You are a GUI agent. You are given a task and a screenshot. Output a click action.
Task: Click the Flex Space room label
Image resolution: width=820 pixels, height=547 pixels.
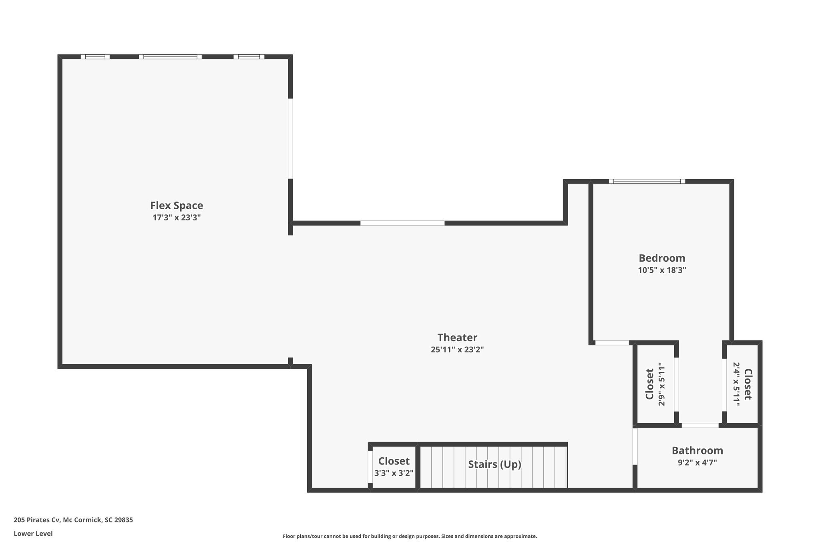coord(177,206)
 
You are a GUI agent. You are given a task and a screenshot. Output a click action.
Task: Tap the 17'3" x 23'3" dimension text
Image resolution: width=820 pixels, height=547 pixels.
coord(177,218)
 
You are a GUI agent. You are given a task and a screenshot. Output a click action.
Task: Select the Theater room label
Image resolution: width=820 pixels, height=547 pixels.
coord(457,337)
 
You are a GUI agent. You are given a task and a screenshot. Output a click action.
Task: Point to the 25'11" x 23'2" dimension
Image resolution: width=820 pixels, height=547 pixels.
coord(457,349)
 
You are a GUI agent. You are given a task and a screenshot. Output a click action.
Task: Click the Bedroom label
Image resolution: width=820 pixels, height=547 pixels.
coord(662,258)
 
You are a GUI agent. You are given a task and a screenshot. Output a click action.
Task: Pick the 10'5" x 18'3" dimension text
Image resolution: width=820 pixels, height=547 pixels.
coord(662,270)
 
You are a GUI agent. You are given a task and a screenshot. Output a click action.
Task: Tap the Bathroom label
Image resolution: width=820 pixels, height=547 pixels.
coord(697,450)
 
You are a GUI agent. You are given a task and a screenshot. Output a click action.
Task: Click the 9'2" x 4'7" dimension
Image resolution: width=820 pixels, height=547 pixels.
coord(697,462)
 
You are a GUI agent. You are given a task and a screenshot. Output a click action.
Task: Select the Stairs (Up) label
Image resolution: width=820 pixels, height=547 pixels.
coord(495,464)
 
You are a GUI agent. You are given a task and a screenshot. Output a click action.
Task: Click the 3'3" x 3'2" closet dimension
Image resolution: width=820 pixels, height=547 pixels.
coord(394,473)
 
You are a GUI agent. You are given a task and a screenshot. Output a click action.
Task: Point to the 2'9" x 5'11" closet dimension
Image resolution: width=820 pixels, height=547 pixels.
coord(661,384)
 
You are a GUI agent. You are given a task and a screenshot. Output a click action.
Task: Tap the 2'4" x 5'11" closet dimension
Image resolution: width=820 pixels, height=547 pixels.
coord(736,384)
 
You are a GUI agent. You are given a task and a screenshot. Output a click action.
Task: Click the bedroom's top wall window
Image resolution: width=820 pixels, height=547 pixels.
coord(647,181)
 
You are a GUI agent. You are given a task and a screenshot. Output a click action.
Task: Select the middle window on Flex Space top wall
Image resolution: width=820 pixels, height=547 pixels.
coord(170,57)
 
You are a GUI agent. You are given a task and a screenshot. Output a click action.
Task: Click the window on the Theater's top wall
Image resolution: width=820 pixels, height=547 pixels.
coord(402,223)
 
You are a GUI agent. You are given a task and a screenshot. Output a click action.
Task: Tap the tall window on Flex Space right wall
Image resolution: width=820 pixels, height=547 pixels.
coord(290,139)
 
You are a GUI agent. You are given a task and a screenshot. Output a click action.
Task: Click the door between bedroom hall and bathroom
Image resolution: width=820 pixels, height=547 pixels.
coord(700,425)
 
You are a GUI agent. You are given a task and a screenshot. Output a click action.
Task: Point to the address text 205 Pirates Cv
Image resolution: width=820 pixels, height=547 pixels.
coord(37,520)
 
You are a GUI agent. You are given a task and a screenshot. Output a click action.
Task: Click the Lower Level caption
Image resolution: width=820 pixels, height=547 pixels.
coord(33,533)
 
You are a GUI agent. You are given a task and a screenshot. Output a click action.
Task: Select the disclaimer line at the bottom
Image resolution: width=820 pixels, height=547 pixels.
coord(410,536)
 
